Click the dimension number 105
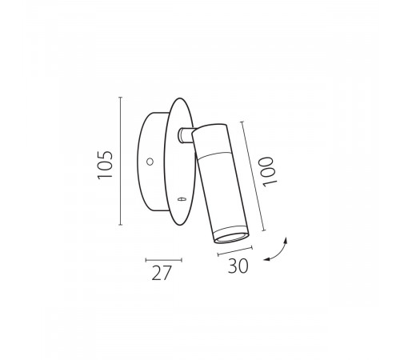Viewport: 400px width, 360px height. (x=105, y=165)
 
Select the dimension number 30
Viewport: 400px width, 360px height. (x=238, y=266)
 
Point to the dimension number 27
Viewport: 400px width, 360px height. (x=161, y=273)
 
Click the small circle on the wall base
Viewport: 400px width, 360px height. (x=150, y=162)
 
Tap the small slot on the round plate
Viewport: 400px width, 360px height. (x=182, y=198)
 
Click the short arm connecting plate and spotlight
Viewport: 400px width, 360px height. (x=186, y=136)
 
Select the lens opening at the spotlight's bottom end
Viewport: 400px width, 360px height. (x=231, y=238)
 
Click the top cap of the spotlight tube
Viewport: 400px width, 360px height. (x=210, y=128)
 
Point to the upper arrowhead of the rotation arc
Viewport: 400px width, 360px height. (x=286, y=240)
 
